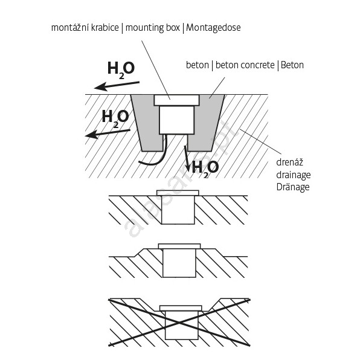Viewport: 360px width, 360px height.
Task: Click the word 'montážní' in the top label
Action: pos(70,28)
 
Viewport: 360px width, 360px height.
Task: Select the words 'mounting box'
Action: pos(152,28)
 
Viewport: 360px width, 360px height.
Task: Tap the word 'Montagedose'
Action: pos(213,28)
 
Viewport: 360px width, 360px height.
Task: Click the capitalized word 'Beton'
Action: pos(292,65)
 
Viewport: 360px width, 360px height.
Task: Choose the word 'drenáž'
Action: pos(289,162)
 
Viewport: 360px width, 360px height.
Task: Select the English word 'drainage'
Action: pos(294,175)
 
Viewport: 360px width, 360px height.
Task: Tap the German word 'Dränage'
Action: pos(293,187)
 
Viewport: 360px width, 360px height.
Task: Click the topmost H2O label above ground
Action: pos(121,69)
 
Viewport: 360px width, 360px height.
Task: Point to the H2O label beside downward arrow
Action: pos(205,169)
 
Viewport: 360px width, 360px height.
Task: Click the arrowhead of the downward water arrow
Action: pos(188,169)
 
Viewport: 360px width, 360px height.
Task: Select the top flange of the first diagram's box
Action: pos(176,100)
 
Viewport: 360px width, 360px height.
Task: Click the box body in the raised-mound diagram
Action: pos(179,263)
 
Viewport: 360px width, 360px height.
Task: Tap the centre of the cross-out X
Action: pos(179,323)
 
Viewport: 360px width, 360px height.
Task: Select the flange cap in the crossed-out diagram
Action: pos(181,308)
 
